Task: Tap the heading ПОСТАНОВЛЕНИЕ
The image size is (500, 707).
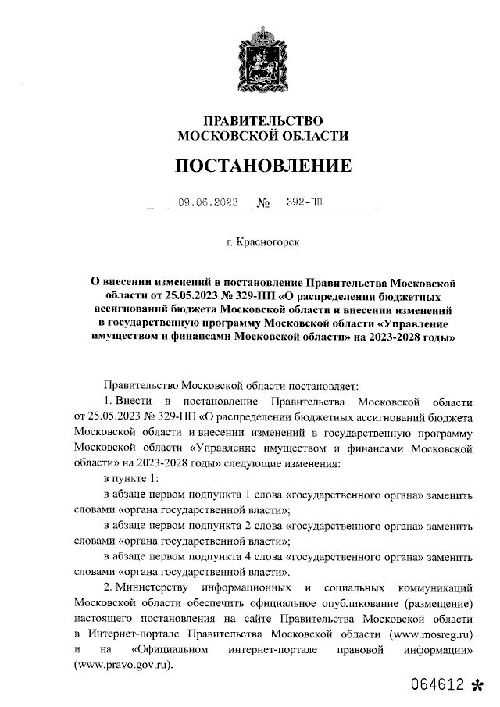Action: click(x=262, y=166)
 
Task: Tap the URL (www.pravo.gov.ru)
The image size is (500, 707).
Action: click(x=122, y=665)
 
